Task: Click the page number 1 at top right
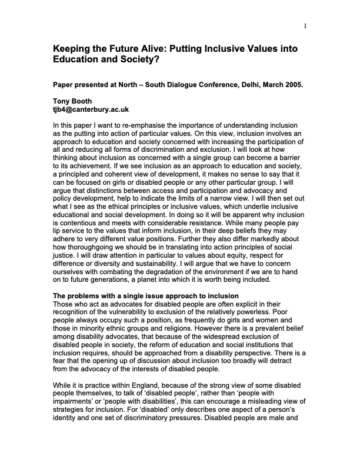(x=306, y=25)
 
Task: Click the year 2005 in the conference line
(x=292, y=84)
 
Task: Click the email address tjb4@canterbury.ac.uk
(x=91, y=109)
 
